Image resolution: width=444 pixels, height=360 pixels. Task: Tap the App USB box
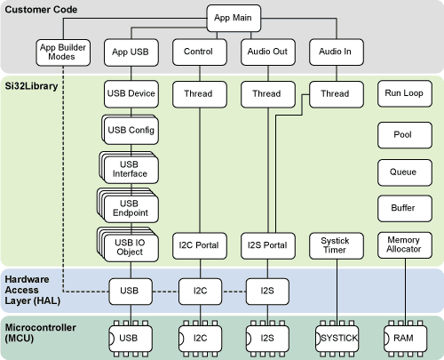coord(131,52)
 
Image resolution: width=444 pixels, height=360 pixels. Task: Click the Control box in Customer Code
coord(198,52)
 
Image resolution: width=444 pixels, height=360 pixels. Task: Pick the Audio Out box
coord(267,52)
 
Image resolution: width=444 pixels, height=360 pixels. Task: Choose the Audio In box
coord(336,52)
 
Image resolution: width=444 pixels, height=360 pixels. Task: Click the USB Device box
coord(131,92)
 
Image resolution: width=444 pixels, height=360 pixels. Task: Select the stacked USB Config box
coord(131,131)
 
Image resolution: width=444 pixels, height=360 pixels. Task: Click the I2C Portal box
coord(198,244)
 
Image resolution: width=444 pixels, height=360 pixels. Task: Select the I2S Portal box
coord(267,244)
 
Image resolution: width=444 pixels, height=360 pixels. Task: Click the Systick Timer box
coord(336,244)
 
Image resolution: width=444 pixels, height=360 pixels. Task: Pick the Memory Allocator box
coord(404,244)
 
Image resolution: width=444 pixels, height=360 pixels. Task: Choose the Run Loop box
coord(404,92)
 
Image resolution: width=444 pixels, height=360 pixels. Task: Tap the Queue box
coord(404,170)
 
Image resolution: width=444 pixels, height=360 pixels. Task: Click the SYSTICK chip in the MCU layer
coord(336,338)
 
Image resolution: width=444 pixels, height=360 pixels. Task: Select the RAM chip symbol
coord(404,338)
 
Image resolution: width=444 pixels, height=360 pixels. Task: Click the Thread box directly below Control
coord(198,92)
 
